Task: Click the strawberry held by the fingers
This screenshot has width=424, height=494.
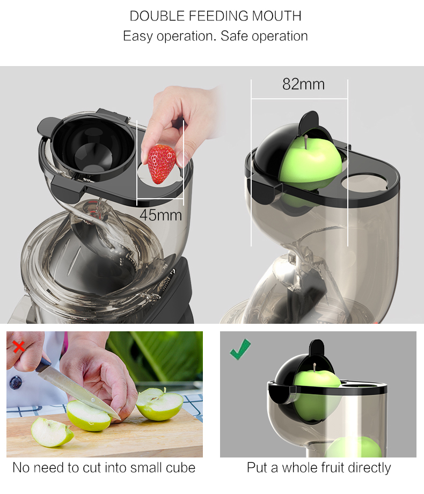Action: [x=162, y=164]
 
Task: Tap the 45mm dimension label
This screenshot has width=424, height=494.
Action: [x=160, y=215]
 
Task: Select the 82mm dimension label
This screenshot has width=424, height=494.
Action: [x=303, y=84]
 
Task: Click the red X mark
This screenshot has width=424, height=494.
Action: [x=19, y=346]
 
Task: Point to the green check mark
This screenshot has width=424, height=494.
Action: [x=240, y=349]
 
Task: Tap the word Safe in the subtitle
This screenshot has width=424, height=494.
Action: [x=234, y=36]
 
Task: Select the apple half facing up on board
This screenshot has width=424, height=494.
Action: [x=159, y=404]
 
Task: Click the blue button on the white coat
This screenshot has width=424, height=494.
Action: [x=16, y=383]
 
